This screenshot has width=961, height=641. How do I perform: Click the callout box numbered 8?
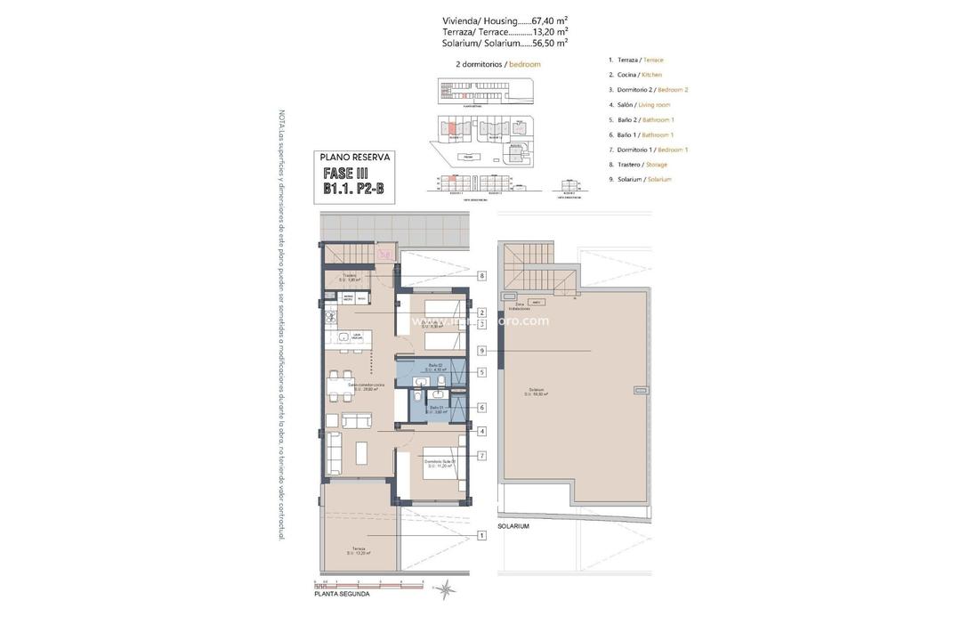point(481,276)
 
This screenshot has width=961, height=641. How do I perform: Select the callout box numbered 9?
point(481,351)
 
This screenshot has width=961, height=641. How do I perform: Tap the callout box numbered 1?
point(481,535)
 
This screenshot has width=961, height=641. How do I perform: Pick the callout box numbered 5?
point(481,372)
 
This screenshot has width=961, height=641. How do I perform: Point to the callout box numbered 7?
point(481,456)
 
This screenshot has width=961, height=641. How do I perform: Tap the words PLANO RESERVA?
point(355,158)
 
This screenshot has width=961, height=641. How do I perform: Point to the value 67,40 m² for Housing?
point(550,20)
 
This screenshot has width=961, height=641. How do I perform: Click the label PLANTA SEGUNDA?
point(341,594)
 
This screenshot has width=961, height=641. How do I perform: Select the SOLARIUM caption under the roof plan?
point(513,526)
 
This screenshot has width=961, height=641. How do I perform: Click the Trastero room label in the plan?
point(349,277)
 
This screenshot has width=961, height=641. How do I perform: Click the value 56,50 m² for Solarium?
point(550,42)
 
